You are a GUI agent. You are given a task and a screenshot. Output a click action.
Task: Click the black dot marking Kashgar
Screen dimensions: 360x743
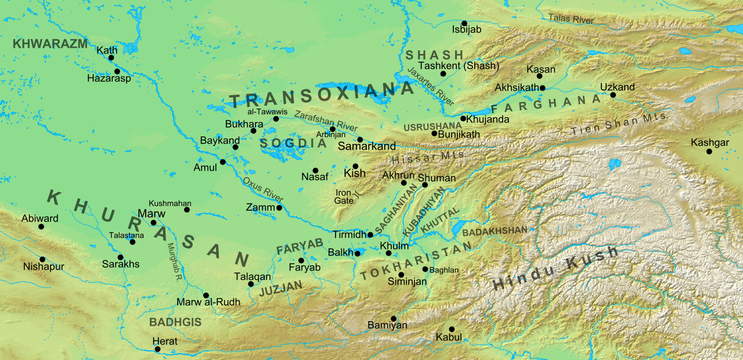tap(709, 152)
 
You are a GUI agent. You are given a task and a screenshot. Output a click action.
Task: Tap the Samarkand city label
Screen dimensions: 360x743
tap(371, 146)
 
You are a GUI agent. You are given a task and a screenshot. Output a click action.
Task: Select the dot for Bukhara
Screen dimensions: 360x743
tap(253, 131)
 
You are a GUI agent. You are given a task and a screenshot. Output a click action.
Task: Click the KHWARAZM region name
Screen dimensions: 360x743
tap(50, 44)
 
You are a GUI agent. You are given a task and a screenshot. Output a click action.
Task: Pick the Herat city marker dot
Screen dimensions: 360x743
tap(157, 349)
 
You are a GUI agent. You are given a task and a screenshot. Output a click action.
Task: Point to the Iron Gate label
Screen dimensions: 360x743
tap(344, 197)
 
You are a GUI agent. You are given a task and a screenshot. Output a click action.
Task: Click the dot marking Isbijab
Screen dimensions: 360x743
tap(464, 23)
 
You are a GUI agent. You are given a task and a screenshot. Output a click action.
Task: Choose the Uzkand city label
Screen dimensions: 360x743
tap(618, 87)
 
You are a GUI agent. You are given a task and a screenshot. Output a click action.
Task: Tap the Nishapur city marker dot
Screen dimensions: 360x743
tap(42, 260)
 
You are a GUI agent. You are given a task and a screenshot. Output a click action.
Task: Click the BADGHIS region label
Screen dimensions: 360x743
tap(175, 322)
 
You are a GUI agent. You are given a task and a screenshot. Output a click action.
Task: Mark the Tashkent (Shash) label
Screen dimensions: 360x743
tap(459, 66)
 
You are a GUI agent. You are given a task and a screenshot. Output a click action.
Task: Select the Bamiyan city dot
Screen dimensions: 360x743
tap(394, 318)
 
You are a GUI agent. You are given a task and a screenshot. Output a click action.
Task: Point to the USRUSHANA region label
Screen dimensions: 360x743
tap(432, 125)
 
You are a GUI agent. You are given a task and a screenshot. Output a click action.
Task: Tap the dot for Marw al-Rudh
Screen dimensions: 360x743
tap(205, 295)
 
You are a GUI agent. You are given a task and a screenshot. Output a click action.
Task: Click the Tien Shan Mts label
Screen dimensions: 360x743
tap(618, 124)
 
